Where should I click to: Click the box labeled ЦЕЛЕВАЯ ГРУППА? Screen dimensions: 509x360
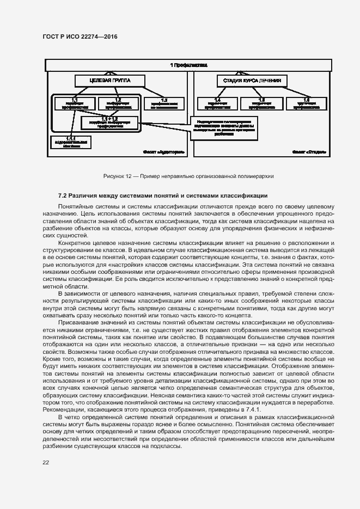pos(110,81)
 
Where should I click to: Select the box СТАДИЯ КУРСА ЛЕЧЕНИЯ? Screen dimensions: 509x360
pos(252,81)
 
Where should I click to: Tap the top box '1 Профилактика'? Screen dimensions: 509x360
pos(188,65)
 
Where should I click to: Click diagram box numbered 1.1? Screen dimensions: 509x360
pos(74,103)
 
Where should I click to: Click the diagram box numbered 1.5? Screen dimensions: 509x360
pos(261,103)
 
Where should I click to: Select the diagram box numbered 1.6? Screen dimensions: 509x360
pos(306,103)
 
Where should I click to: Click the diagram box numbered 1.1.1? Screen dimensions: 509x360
pos(71,142)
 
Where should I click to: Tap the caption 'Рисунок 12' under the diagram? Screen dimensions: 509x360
pos(118,176)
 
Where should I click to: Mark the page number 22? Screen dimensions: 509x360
pos(46,463)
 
